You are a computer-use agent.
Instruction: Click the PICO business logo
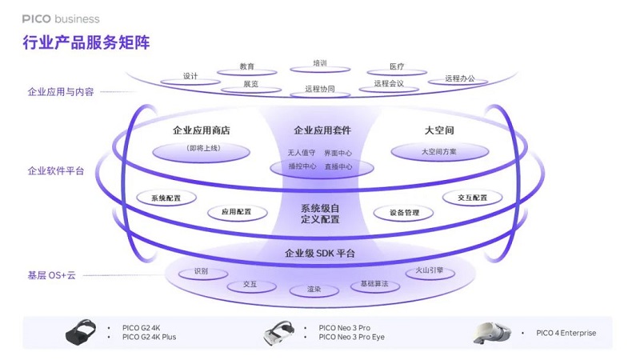[61, 18]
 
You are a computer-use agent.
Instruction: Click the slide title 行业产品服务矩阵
[86, 42]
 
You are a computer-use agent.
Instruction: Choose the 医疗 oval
[397, 67]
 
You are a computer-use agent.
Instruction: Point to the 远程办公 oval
[459, 78]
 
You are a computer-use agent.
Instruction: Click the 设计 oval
[190, 77]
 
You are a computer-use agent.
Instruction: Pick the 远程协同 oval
[319, 90]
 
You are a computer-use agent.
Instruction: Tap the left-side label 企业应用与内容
[61, 92]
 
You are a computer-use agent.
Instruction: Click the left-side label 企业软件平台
[55, 170]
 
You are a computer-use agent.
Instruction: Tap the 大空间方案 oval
[439, 150]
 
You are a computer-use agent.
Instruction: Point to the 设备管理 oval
[404, 213]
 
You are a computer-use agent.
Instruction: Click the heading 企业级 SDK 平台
[320, 254]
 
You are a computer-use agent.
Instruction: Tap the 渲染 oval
[314, 290]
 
